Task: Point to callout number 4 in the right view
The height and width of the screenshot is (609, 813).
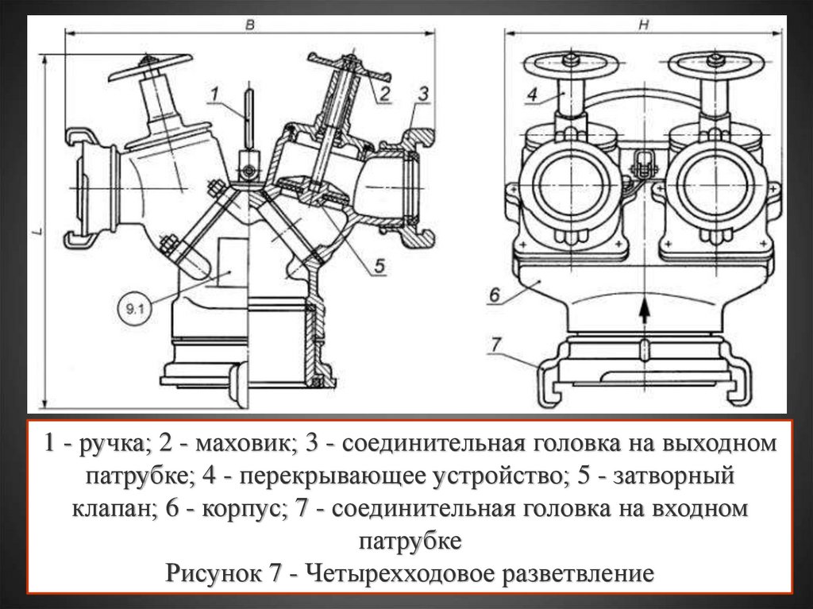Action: (x=532, y=94)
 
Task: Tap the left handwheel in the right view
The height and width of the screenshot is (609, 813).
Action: (x=568, y=64)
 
